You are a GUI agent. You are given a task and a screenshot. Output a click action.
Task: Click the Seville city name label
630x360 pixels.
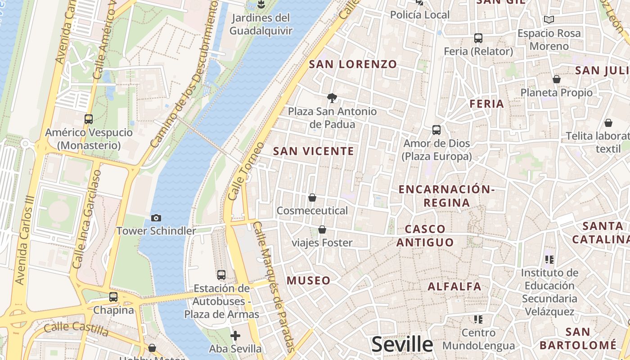[x=402, y=345]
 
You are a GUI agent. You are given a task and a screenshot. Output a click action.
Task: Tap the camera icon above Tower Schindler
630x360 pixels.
[x=156, y=218]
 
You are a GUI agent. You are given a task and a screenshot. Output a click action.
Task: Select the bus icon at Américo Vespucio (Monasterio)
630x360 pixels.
[x=89, y=119]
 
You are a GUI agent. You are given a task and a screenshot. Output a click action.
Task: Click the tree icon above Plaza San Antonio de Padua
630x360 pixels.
[x=332, y=98]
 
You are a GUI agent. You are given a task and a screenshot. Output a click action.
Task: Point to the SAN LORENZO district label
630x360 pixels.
[x=353, y=64]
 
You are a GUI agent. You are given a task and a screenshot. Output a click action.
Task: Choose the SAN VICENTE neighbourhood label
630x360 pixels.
[x=314, y=151]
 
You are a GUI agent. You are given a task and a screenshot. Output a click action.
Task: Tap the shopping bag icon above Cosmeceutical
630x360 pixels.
[x=312, y=198]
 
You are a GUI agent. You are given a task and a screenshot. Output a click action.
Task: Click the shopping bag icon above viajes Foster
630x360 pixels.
[x=322, y=230]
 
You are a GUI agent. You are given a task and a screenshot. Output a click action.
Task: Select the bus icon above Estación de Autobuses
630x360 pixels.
[x=221, y=274]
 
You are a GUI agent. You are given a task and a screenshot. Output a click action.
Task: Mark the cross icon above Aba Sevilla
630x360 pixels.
[x=235, y=336]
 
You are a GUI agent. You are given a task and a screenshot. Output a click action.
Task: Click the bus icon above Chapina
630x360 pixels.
[x=113, y=297]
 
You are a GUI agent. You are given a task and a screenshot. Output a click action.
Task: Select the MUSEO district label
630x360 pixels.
[x=309, y=281]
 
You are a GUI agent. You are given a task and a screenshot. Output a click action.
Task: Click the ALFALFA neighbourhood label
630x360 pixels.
[x=454, y=287]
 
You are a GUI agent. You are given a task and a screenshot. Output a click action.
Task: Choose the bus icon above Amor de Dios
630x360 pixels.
[x=436, y=130]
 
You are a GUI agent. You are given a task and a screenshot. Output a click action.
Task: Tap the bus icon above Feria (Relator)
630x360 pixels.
[x=478, y=38]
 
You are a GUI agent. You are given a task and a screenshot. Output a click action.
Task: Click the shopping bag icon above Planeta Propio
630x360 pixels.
[x=557, y=79]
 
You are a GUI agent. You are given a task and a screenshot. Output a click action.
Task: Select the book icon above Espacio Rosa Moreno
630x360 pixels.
[x=549, y=19]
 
